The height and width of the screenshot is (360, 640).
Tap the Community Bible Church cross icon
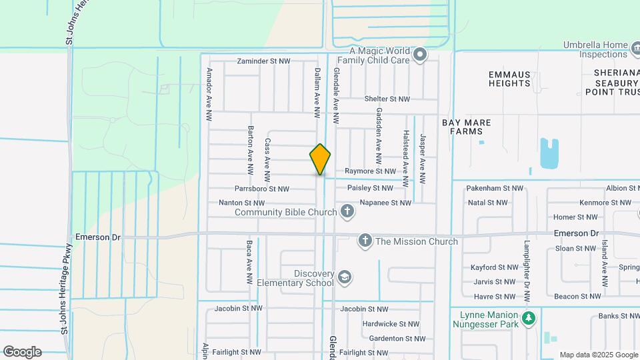347,212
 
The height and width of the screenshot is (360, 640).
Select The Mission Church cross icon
365,241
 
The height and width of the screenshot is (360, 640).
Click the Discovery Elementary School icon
344,277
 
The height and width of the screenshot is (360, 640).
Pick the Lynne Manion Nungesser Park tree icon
529,318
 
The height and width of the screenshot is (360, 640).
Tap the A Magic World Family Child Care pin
419,55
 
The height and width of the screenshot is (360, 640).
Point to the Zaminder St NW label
264,61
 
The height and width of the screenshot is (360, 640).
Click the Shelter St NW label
387,99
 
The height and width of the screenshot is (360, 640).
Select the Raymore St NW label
367,171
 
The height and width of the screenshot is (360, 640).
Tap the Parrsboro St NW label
261,189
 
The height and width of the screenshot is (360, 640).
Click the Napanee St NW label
385,203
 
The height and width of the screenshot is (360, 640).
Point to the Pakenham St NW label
495,189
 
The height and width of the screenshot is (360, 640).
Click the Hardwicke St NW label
391,324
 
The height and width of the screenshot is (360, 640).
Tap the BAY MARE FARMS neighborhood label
466,127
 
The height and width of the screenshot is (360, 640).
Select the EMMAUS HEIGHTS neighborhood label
509,79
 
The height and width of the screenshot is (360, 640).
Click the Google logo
22,352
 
